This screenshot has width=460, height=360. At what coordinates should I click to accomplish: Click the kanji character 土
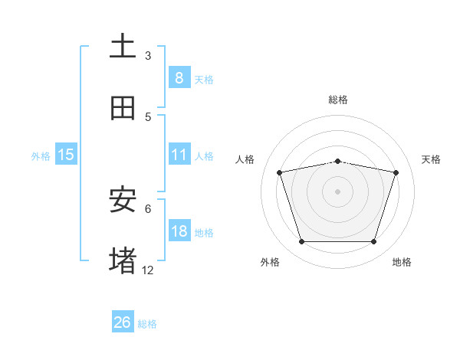123,47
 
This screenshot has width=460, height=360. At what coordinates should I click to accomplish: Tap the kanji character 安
123,200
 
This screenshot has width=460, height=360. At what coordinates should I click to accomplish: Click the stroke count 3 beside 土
148,55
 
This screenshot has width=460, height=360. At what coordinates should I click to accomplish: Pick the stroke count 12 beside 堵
148,270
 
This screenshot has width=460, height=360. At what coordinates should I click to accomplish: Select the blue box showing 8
179,78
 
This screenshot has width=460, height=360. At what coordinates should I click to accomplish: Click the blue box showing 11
179,155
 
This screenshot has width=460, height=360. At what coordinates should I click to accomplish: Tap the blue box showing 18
179,231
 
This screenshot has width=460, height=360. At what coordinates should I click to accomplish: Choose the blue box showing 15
66,155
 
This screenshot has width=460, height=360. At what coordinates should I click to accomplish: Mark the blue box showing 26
123,322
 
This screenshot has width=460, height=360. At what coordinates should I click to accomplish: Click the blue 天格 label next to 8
204,80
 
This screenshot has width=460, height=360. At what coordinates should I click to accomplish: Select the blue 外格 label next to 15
41,156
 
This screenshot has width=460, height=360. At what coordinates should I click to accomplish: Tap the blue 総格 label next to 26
147,324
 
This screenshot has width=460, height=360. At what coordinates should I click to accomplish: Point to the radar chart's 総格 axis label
338,100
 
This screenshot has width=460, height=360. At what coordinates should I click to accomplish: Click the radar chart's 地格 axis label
402,262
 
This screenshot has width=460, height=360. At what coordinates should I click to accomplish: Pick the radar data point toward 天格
396,172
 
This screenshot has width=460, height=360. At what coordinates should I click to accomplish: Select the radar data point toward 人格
280,172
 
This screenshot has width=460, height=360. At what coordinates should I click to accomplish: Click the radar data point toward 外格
301,242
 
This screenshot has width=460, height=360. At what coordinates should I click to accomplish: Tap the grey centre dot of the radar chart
338,191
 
